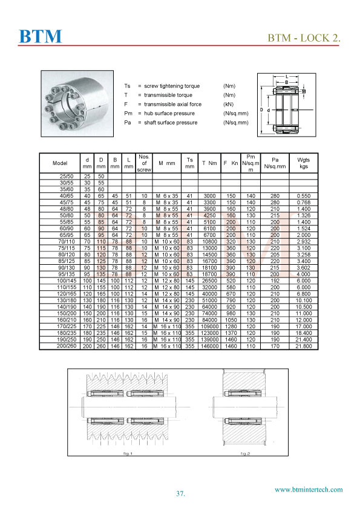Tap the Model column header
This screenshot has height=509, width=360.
click(x=59, y=163)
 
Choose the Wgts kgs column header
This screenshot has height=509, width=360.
click(x=303, y=163)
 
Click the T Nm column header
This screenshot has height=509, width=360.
click(x=209, y=163)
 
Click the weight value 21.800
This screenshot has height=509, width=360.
click(x=303, y=348)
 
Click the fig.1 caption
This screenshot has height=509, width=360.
click(x=127, y=453)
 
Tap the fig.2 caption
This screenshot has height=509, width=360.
click(x=244, y=453)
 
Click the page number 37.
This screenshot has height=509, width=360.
click(x=180, y=494)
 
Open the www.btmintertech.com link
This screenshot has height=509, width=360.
click(x=309, y=490)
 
